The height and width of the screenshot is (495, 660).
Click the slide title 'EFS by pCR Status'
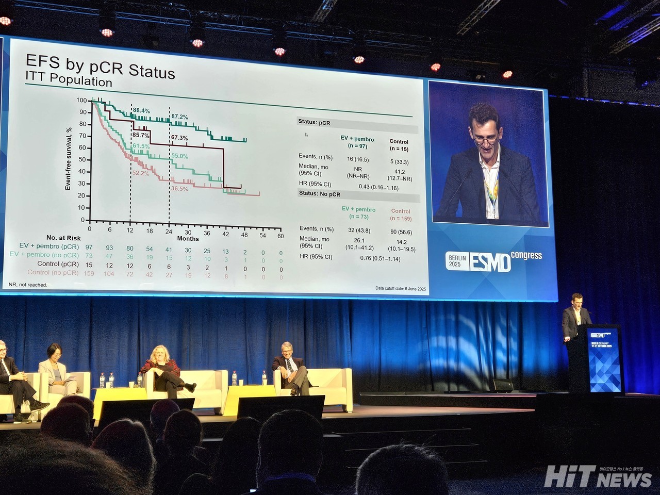[x=101, y=67]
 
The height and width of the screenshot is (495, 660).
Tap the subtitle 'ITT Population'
[x=69, y=81]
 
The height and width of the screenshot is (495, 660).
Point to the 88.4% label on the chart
[x=141, y=111]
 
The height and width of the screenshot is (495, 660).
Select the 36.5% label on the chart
[x=179, y=189]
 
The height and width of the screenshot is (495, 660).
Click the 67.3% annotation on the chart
[x=179, y=138]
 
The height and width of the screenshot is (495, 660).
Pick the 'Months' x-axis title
[x=188, y=239]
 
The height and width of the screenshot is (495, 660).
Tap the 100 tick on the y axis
[x=81, y=100]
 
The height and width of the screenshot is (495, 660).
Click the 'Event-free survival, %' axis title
[x=68, y=159]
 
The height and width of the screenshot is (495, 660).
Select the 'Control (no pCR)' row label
[x=53, y=272]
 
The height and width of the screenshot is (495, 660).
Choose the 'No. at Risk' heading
[x=63, y=238]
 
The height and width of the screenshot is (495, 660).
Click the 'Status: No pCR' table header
[x=321, y=193]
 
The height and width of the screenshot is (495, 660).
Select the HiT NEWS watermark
[x=598, y=476]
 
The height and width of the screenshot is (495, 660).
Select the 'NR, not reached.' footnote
[x=28, y=285]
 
